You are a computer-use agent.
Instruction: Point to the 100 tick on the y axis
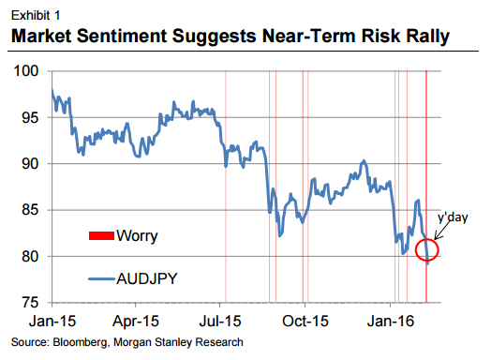coord(29,71)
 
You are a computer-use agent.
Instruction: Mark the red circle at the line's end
coord(426,251)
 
